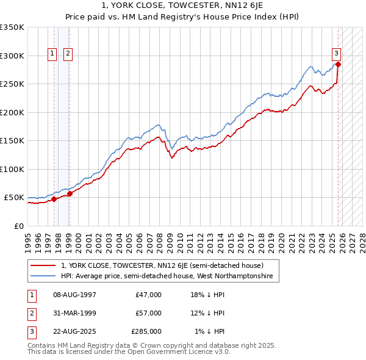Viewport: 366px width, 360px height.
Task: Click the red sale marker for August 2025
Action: point(338,64)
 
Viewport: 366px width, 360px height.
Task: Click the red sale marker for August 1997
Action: point(54,199)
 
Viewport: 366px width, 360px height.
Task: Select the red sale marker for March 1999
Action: point(70,193)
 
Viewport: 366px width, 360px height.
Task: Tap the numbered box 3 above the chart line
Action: point(336,53)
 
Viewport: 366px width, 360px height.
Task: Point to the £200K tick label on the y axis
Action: point(12,112)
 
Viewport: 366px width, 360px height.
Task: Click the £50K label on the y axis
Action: point(14,198)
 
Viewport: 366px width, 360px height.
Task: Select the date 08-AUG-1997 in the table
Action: point(74,295)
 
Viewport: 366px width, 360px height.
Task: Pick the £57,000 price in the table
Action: point(149,313)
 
